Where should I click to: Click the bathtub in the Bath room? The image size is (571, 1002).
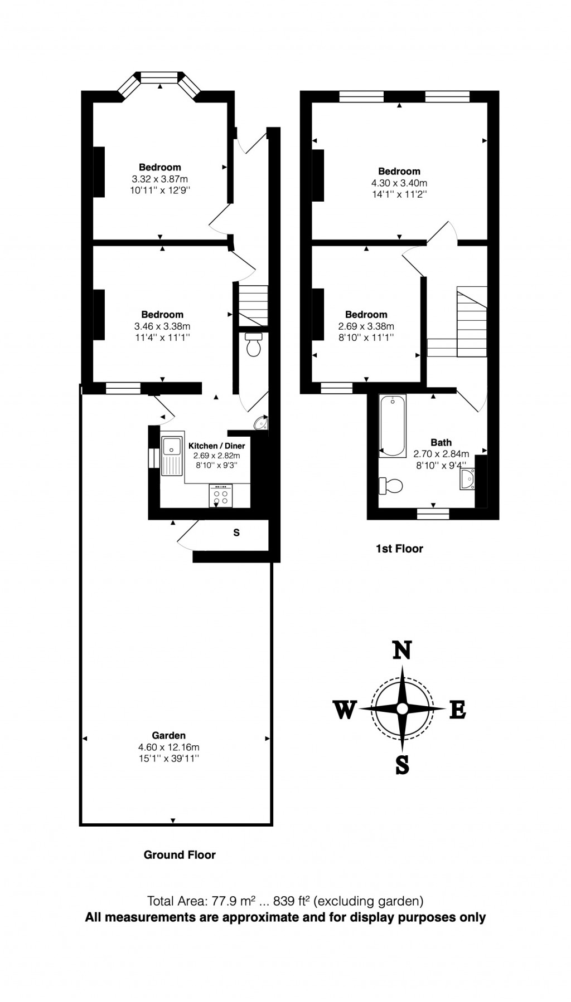click(393, 426)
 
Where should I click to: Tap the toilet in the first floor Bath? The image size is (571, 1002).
click(391, 486)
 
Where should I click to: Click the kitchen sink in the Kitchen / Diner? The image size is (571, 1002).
click(172, 456)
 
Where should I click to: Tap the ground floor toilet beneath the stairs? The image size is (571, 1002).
click(254, 345)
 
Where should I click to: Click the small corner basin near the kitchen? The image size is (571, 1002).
click(262, 424)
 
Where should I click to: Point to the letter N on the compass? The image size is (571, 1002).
click(403, 650)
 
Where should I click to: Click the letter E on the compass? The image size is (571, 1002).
click(458, 710)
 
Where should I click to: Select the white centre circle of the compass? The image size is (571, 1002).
click(402, 708)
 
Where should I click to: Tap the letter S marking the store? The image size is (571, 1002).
click(236, 532)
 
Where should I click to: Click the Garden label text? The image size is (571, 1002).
click(168, 735)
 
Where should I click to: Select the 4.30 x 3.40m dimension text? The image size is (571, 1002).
click(399, 183)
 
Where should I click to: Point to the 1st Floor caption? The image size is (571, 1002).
click(399, 549)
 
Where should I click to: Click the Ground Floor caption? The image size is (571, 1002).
click(180, 854)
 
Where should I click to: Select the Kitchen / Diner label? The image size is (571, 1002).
click(217, 446)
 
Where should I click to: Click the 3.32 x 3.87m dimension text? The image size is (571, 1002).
click(159, 179)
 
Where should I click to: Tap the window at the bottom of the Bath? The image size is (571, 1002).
click(433, 514)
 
